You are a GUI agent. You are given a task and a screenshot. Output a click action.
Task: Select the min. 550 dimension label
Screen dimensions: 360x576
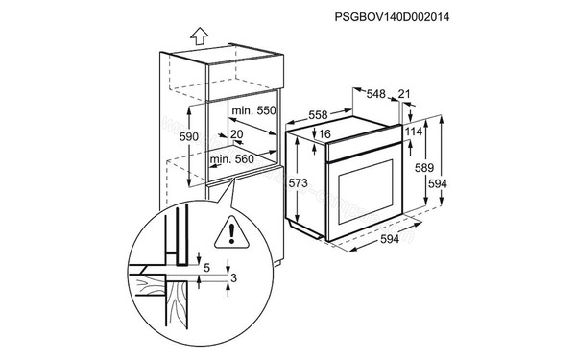click(252, 112)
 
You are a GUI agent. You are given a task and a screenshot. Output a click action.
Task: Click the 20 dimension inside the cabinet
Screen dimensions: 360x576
click(237, 135)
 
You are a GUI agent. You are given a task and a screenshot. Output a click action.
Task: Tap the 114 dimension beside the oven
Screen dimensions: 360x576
click(414, 132)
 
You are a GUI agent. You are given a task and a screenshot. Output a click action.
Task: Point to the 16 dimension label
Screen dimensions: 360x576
click(325, 134)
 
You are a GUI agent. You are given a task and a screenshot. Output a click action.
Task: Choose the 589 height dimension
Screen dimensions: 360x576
click(421, 166)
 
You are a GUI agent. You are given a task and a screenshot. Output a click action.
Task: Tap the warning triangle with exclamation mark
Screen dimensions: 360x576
click(231, 232)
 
